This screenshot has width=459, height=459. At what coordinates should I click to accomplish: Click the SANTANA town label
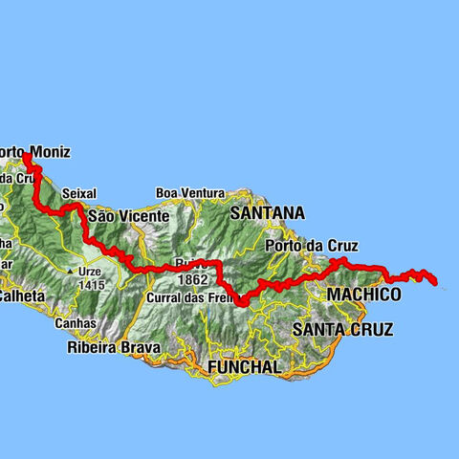click(x=267, y=212)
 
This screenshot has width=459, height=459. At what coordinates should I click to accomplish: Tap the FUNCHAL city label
click(x=246, y=366)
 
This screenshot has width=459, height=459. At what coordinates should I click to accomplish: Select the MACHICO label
click(x=363, y=295)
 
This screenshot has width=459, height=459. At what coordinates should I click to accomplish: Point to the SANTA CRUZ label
click(x=341, y=330)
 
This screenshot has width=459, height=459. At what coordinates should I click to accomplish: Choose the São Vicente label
click(x=128, y=217)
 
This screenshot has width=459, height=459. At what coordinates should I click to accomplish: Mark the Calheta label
click(x=21, y=296)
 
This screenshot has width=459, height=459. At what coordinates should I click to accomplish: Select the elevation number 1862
click(x=192, y=280)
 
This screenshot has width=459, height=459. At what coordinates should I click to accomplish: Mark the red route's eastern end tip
click(x=435, y=282)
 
